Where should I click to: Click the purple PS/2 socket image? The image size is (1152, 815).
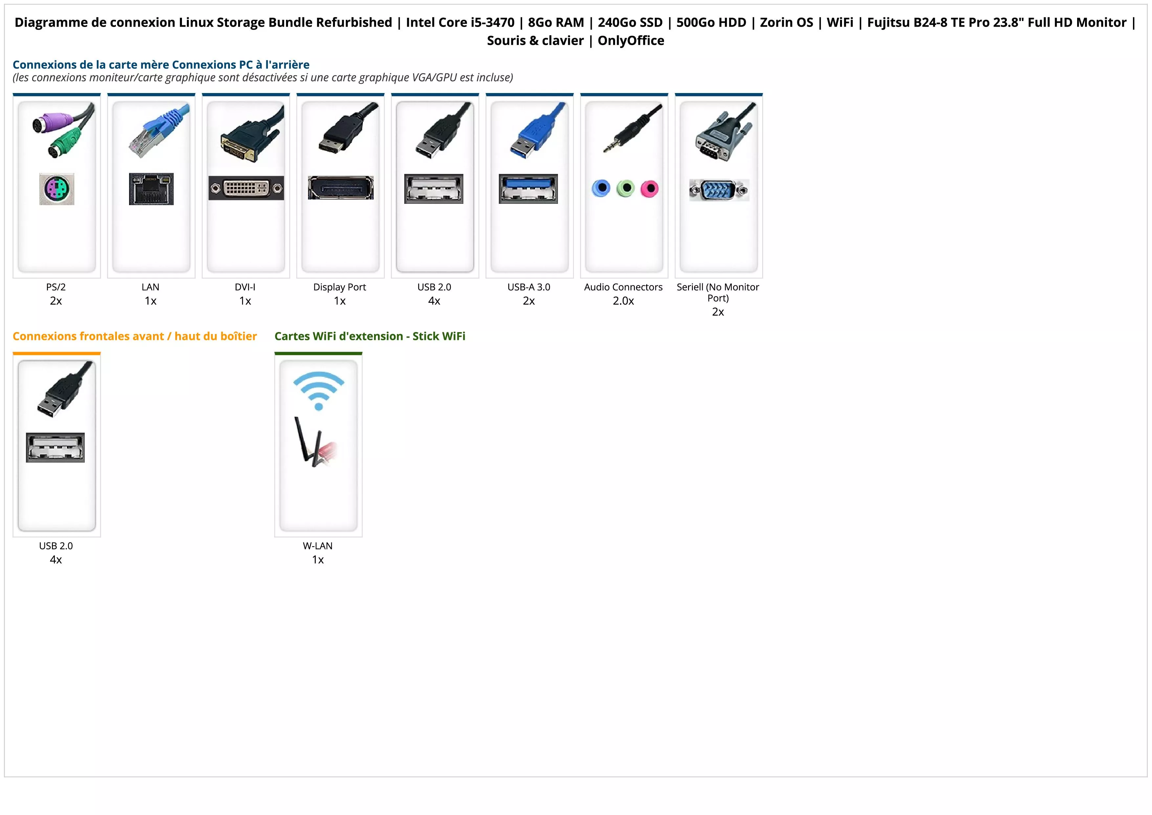click(57, 189)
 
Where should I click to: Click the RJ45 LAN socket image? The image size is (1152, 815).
click(151, 189)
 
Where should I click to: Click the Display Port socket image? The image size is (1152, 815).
click(341, 188)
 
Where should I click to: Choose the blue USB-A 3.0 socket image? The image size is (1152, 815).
click(528, 189)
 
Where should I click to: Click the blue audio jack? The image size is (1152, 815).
click(601, 188)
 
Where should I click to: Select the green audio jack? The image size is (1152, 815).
click(626, 188)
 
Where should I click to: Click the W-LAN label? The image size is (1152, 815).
click(318, 546)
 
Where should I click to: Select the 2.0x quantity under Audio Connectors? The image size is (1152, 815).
click(623, 301)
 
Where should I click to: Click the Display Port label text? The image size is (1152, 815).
click(340, 287)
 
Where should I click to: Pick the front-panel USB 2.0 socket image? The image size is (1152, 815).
click(55, 447)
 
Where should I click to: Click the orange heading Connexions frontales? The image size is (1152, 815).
click(134, 336)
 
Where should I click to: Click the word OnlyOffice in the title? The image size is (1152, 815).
click(631, 41)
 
